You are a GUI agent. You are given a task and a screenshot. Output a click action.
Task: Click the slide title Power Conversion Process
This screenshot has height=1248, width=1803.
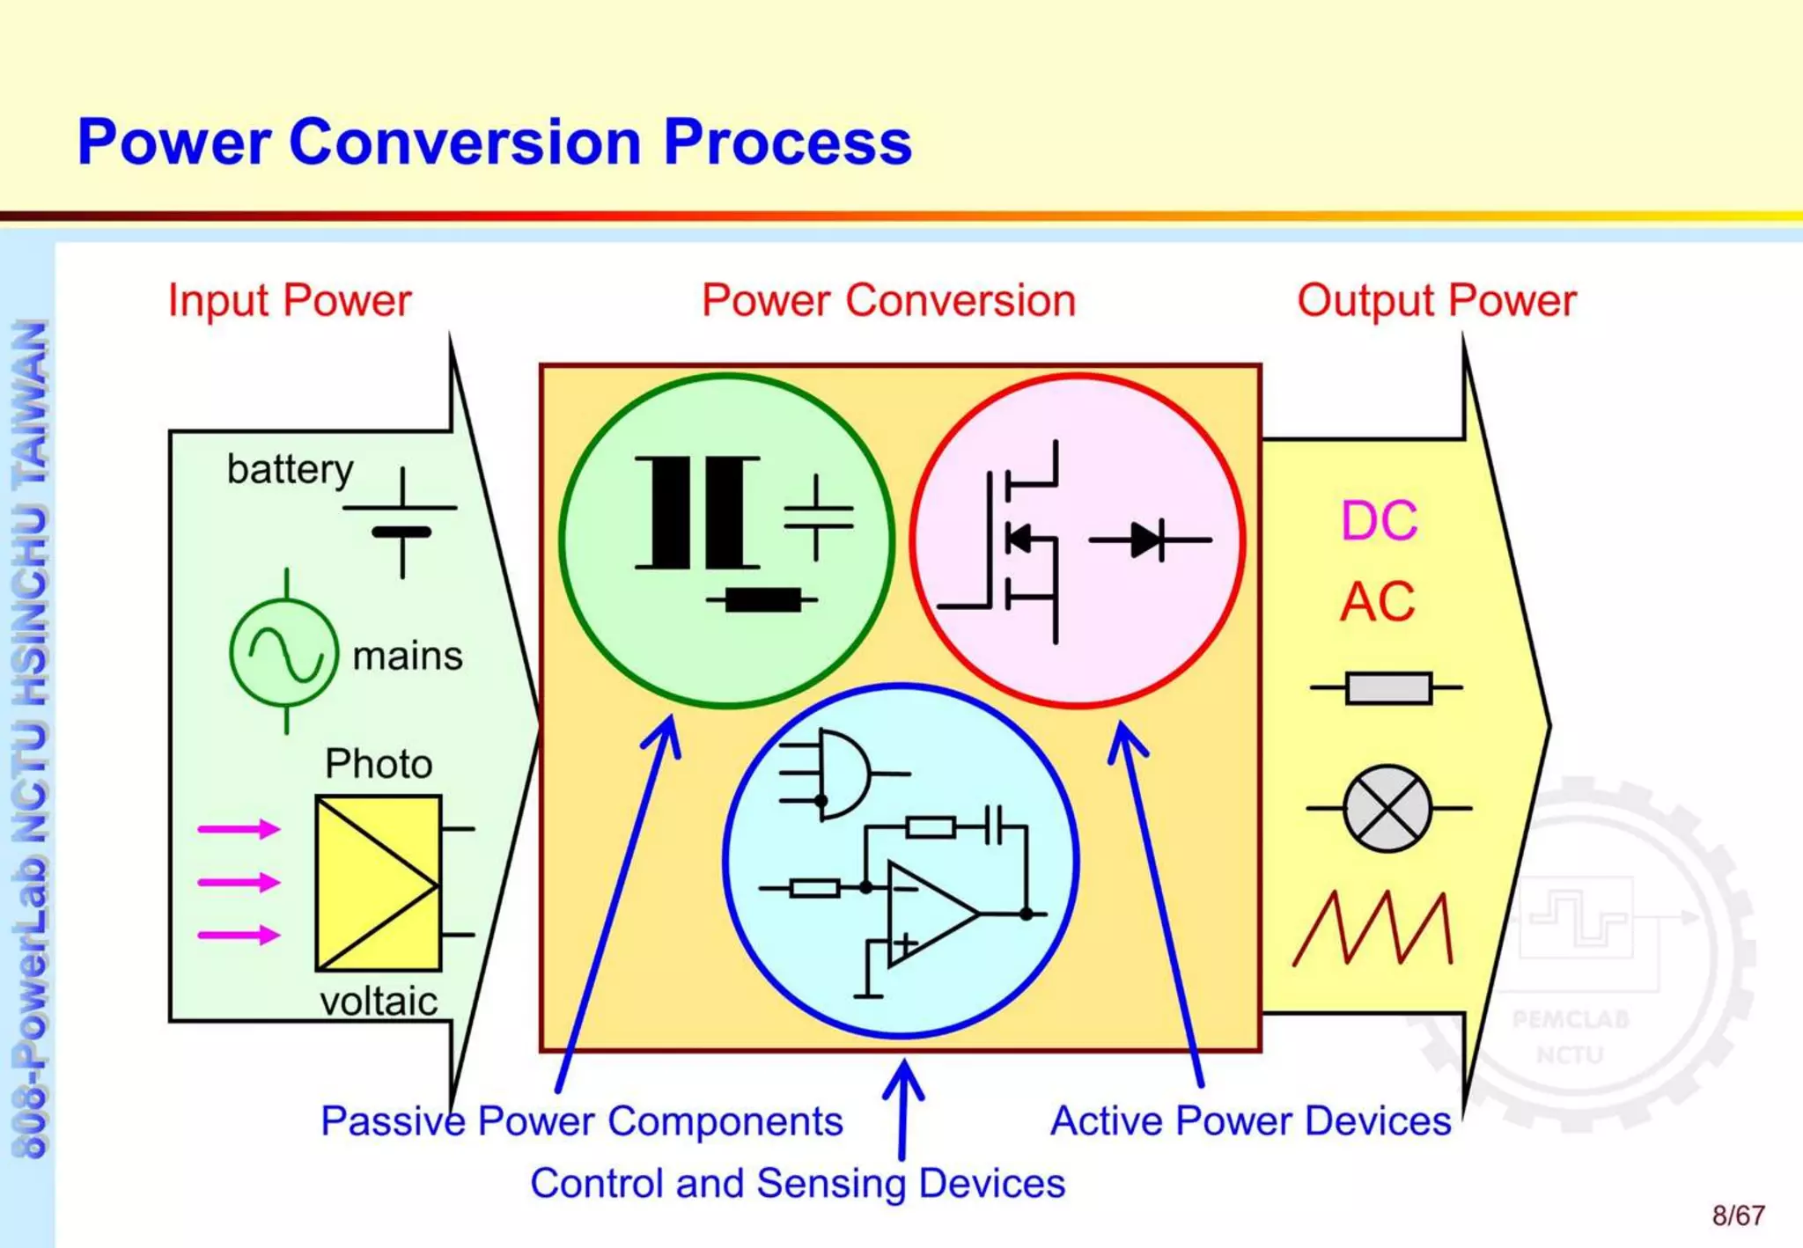(494, 143)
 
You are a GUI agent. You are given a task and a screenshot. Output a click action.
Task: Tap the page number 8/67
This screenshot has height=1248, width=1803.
(1738, 1215)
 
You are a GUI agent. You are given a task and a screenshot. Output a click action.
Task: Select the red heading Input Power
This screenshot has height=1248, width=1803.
(290, 301)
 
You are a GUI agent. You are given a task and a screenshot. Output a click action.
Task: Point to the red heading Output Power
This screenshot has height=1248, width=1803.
(1436, 301)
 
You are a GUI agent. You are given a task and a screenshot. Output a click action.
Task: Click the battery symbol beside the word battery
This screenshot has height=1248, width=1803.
(401, 522)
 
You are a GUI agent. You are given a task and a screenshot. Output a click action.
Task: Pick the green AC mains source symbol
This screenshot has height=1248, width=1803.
(284, 653)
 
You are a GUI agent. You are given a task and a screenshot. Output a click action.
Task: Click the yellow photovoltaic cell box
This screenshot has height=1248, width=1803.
(379, 883)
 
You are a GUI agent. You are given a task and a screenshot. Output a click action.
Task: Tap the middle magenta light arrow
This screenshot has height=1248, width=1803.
(239, 882)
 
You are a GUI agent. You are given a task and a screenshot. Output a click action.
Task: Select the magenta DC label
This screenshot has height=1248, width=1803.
(1379, 521)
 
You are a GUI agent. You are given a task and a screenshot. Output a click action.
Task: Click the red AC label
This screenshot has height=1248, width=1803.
(1377, 603)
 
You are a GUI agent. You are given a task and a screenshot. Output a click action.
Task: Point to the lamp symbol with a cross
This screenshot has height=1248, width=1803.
(1387, 808)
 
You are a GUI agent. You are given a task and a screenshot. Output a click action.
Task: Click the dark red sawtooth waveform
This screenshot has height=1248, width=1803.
(1372, 929)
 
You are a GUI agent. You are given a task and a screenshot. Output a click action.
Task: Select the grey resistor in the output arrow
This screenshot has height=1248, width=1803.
(1388, 687)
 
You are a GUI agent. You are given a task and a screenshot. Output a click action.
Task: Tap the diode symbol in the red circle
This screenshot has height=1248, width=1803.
(1149, 540)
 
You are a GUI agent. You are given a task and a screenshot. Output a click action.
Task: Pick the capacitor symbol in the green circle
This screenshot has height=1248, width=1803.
(817, 518)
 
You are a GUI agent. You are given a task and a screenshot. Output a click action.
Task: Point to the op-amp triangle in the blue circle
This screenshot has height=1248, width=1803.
(929, 914)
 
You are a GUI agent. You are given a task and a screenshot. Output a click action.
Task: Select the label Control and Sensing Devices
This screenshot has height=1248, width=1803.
(798, 1184)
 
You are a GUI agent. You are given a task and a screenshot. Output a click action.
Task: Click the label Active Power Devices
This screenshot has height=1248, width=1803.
(1250, 1121)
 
